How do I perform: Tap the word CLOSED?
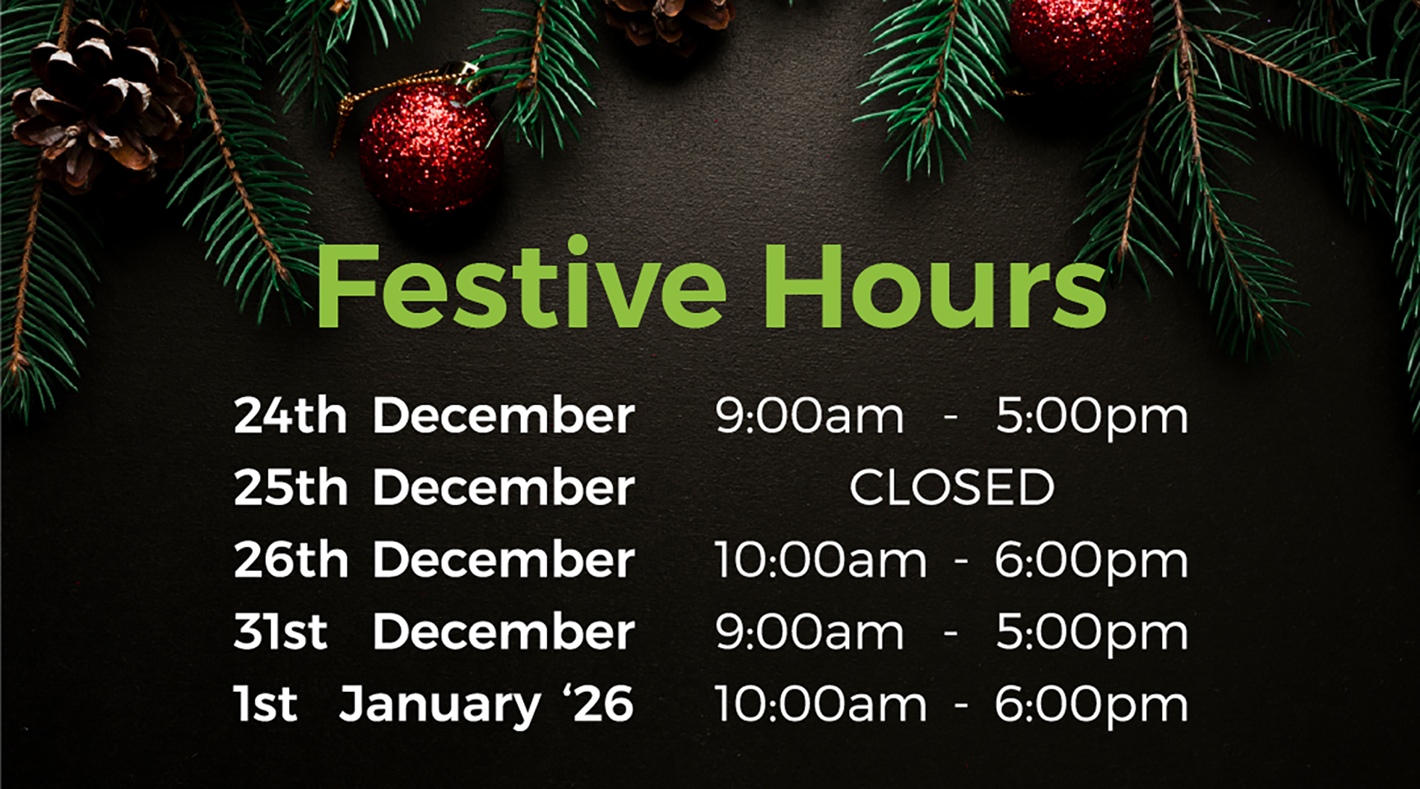tap(951, 487)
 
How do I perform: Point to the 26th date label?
tap(291, 560)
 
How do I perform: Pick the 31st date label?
tap(280, 631)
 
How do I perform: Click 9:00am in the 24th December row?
tap(809, 415)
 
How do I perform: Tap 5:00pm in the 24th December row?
tap(1092, 417)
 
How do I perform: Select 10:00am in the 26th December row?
tap(821, 560)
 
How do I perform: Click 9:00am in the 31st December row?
tap(809, 632)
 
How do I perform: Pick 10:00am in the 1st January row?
tap(821, 704)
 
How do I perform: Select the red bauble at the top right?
tap(1081, 34)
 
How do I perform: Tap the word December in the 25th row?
tap(504, 487)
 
